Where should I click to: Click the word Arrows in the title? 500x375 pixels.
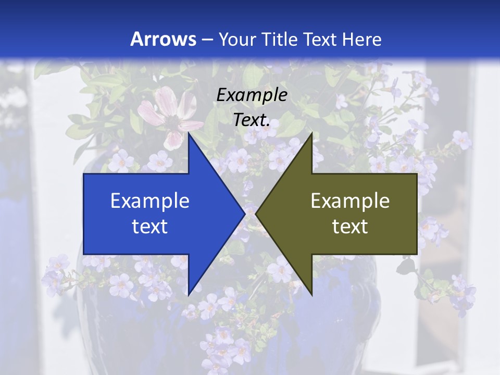tap(163, 39)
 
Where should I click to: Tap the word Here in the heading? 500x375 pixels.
tap(362, 39)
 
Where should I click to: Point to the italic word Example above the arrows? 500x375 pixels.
tap(252, 95)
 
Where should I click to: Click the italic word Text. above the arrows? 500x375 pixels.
tap(252, 120)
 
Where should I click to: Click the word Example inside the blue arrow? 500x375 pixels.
tap(150, 201)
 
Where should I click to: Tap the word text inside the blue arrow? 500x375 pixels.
tap(150, 226)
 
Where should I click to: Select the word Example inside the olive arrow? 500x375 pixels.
tap(350, 201)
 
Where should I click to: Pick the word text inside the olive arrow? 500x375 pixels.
tap(350, 226)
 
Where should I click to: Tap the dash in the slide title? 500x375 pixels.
tap(207, 40)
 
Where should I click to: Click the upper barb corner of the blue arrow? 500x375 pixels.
tap(189, 134)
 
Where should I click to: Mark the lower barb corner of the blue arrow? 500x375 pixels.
tap(189, 294)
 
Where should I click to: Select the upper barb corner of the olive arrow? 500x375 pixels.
tap(311, 134)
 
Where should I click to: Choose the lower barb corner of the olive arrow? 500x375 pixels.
tap(311, 294)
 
